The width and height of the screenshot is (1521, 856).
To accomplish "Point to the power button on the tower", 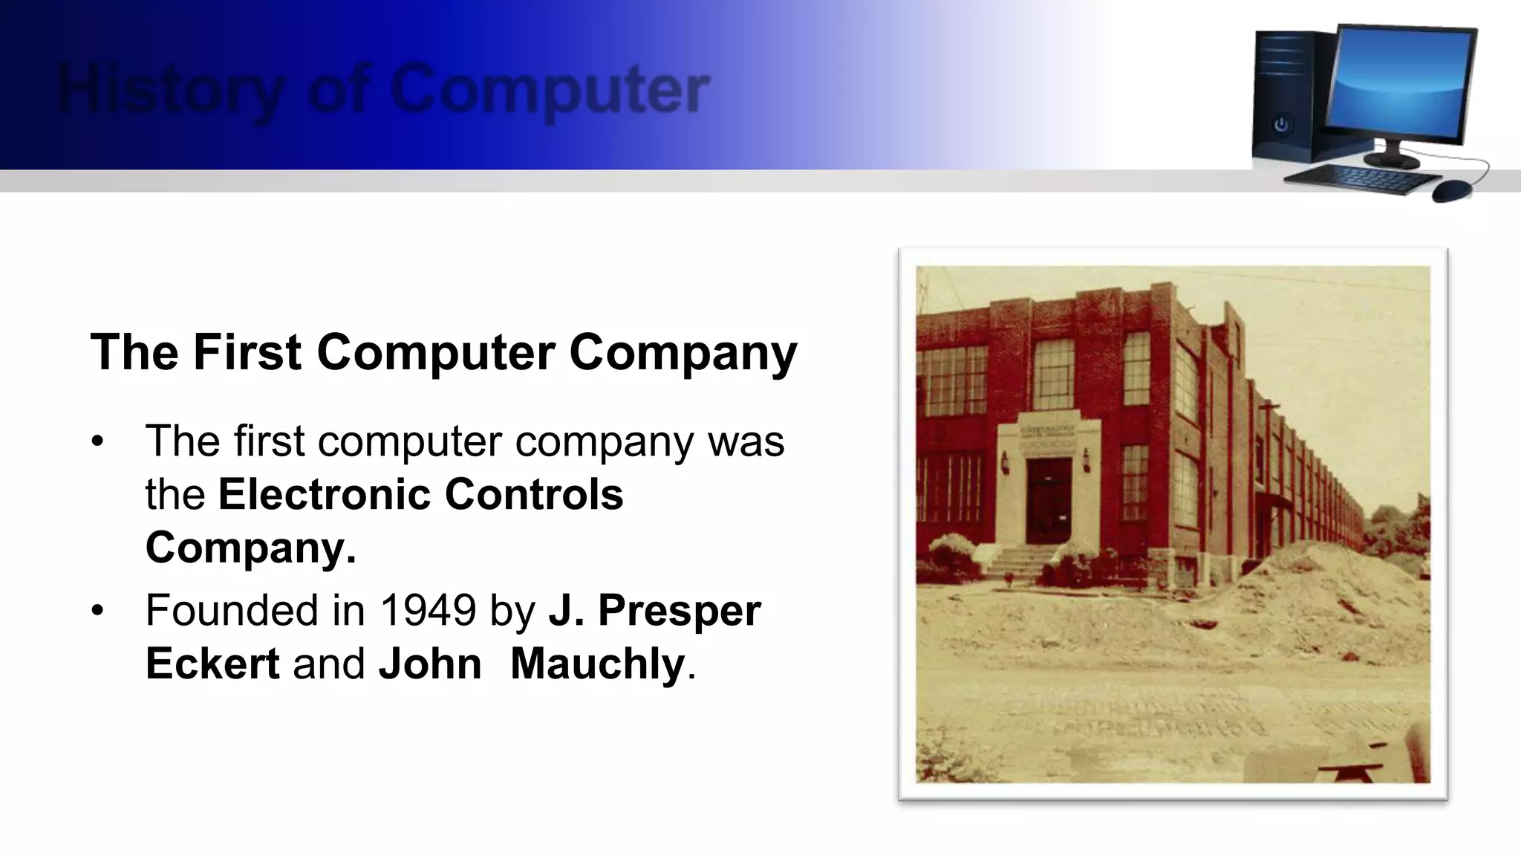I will click(1281, 125).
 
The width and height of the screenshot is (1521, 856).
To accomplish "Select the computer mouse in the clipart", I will click(1451, 190).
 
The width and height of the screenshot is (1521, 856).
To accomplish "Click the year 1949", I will click(428, 610).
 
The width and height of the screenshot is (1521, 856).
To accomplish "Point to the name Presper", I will click(679, 610).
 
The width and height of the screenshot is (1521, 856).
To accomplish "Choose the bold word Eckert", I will click(212, 663).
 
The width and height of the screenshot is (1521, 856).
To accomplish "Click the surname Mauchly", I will click(597, 663).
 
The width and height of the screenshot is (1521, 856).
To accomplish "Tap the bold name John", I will click(430, 663).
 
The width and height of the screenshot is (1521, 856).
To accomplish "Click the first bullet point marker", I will click(97, 441).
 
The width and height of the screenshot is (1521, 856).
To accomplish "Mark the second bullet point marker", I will click(97, 611).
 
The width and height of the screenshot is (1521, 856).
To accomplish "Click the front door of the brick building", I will click(1049, 501).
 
